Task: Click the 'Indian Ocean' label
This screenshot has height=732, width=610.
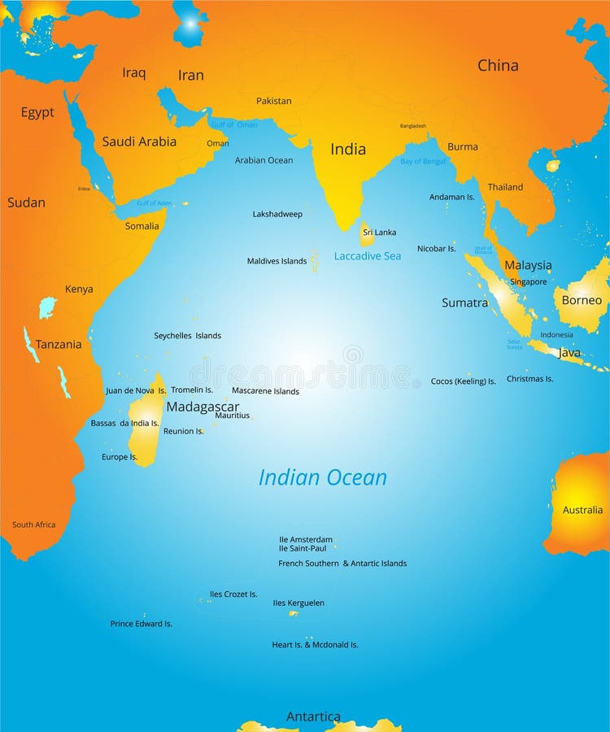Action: point(322,477)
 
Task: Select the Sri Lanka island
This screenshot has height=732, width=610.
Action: point(367,237)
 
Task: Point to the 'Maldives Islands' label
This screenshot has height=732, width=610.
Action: point(277,261)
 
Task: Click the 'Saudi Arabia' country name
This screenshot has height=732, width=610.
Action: point(139,142)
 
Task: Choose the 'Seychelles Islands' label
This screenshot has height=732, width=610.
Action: point(187,335)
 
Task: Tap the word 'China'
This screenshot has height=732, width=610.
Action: point(498,65)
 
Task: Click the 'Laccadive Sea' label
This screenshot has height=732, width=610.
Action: point(368,255)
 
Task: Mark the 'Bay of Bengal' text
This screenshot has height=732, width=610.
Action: point(423,161)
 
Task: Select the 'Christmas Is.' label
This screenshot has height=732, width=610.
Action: point(529,378)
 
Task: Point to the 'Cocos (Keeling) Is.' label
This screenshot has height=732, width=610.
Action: point(463,381)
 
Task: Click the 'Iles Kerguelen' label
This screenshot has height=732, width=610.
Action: point(298,603)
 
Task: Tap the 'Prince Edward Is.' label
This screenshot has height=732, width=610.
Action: point(142,624)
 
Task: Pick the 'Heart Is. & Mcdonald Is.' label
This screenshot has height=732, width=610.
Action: point(315,644)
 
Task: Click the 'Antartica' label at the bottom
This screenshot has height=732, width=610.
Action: point(313,717)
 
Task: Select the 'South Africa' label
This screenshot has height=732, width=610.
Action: point(33,525)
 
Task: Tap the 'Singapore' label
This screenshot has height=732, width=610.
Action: point(528,281)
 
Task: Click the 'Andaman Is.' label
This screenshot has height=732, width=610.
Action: point(452,197)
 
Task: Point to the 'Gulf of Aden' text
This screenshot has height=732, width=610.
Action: point(155,203)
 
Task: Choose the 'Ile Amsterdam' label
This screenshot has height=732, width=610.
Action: point(306,539)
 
